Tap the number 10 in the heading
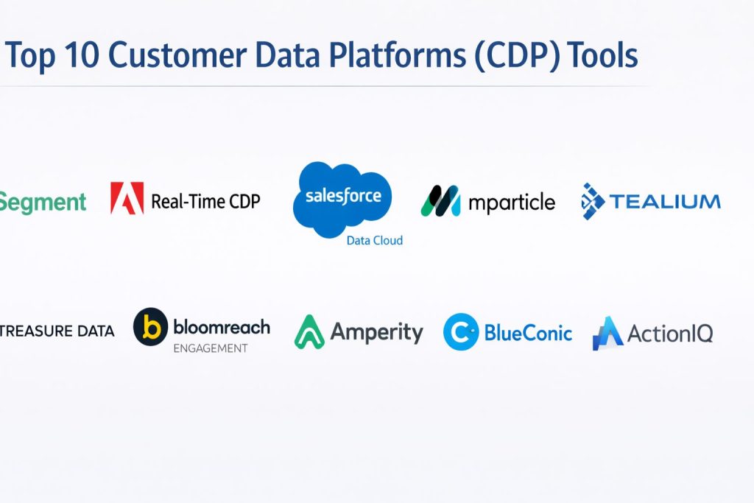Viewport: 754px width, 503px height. pyautogui.click(x=82, y=54)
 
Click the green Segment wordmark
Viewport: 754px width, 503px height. pyautogui.click(x=43, y=202)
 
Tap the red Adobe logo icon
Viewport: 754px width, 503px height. pyautogui.click(x=127, y=197)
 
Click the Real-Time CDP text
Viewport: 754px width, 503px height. pyautogui.click(x=206, y=201)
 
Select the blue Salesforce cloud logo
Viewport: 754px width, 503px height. pyautogui.click(x=342, y=199)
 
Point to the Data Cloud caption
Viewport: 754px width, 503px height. pyautogui.click(x=375, y=240)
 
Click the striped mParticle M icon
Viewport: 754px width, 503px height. pyautogui.click(x=440, y=201)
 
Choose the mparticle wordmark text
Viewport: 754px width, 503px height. pyautogui.click(x=512, y=203)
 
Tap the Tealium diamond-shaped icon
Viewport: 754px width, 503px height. pyautogui.click(x=593, y=201)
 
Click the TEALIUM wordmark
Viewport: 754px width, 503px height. pyautogui.click(x=665, y=201)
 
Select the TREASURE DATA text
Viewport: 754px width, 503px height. pyautogui.click(x=57, y=331)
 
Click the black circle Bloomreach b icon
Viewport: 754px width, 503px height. pyautogui.click(x=150, y=327)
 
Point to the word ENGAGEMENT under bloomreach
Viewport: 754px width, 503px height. pyautogui.click(x=211, y=348)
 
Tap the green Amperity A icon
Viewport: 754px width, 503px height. pyautogui.click(x=309, y=332)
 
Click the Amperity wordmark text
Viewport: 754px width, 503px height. pyautogui.click(x=376, y=332)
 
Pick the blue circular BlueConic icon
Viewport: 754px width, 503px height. pyautogui.click(x=461, y=332)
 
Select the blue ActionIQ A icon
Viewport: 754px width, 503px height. pyautogui.click(x=607, y=333)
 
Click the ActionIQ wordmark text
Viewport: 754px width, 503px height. pyautogui.click(x=670, y=334)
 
